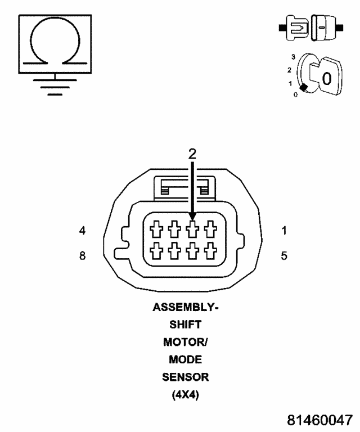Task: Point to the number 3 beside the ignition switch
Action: coord(293,57)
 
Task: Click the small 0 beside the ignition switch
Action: coord(295,94)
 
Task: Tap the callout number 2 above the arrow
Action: coord(192,154)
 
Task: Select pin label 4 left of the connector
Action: coord(82,230)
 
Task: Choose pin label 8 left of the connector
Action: coord(82,256)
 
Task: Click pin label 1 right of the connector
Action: coord(284,230)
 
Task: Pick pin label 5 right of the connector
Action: coord(284,256)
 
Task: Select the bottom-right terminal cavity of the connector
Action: coord(211,249)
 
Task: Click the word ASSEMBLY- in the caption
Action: coord(185,308)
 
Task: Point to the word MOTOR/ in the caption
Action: coord(185,342)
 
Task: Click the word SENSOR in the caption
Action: coord(185,376)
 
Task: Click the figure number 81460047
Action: coord(320,420)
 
